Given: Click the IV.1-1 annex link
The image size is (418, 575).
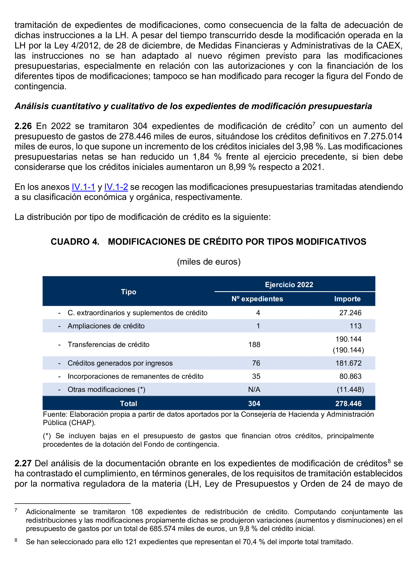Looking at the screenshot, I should (83, 187).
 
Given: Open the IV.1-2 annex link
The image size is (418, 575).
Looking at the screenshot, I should (116, 187).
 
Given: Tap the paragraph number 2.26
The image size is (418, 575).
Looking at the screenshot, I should (23, 126).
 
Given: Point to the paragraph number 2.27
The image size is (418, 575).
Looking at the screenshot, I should (23, 463).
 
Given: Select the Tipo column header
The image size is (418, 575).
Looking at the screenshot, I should (128, 292).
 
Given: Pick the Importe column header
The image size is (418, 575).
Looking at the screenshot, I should (347, 299).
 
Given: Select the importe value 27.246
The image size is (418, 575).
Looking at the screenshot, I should (350, 313).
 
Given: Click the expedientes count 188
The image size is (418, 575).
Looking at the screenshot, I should (254, 344).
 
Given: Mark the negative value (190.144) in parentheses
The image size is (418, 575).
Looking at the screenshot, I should (348, 350).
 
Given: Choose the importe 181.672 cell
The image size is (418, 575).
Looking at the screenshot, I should (348, 363).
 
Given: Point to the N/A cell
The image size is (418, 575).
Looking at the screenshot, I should (254, 389).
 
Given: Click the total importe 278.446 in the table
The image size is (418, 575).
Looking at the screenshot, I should (348, 404).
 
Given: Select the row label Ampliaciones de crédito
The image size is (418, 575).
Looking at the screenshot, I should (106, 326).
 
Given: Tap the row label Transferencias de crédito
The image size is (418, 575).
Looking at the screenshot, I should (108, 344).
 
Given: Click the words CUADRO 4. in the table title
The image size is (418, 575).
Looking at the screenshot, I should (75, 242).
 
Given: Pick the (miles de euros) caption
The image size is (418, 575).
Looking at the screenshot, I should (209, 262).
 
